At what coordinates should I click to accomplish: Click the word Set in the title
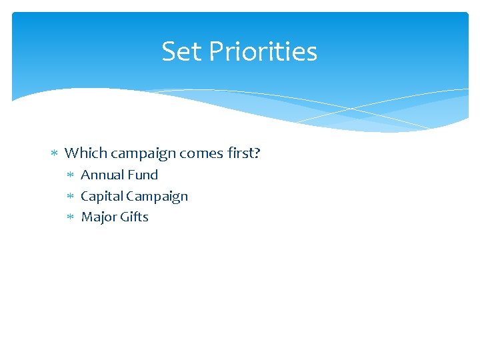178,51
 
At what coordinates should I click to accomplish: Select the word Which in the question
86,153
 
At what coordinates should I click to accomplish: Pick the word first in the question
238,153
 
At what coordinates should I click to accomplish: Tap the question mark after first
257,153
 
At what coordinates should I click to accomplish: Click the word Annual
101,175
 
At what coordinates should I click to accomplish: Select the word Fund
142,175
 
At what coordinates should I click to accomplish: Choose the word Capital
101,197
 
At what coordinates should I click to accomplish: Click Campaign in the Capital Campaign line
157,197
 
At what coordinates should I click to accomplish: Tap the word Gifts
133,217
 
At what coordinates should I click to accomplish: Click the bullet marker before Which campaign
55,154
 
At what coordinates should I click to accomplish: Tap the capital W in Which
71,153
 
